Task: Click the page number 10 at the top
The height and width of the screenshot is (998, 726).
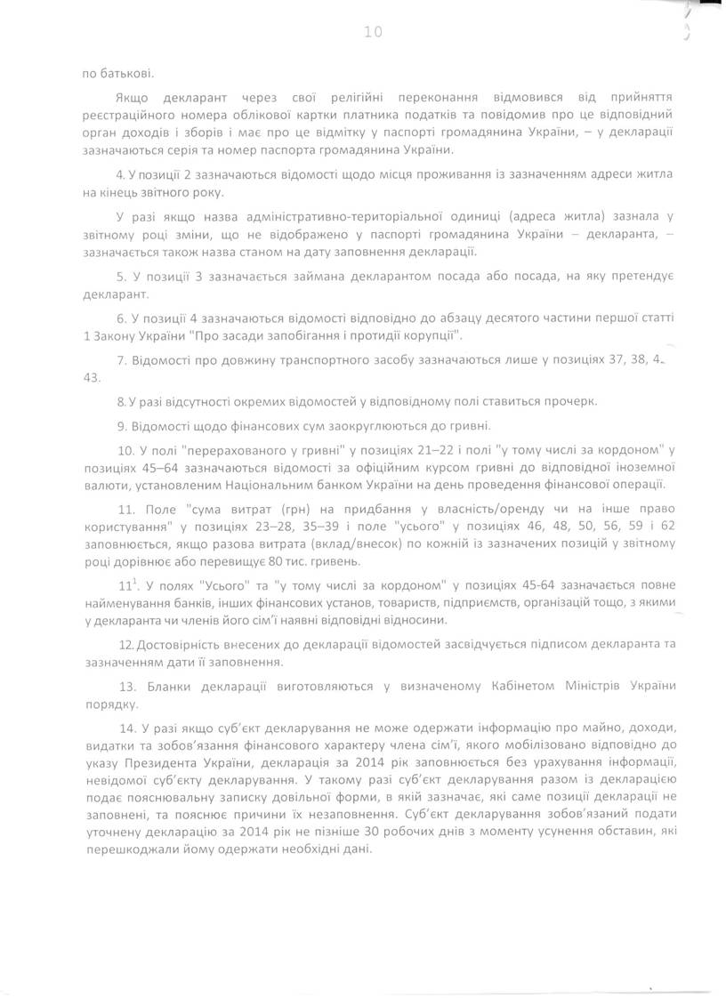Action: click(x=372, y=33)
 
